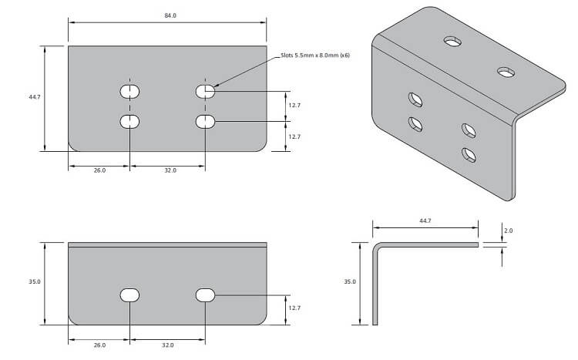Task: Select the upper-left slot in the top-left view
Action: tap(130, 92)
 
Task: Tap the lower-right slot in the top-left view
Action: tap(205, 121)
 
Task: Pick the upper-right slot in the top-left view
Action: tap(205, 92)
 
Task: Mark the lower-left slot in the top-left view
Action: tap(130, 121)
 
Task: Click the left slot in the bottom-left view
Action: tap(130, 294)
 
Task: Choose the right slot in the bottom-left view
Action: tap(205, 294)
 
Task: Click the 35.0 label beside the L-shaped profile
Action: tap(349, 282)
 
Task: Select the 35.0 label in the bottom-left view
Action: tap(34, 282)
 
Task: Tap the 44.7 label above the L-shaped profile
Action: tap(425, 220)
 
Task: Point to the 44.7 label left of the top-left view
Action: tap(34, 97)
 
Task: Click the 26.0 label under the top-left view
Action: tap(99, 170)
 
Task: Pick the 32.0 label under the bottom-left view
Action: tap(168, 345)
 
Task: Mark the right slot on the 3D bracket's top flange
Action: tap(506, 72)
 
